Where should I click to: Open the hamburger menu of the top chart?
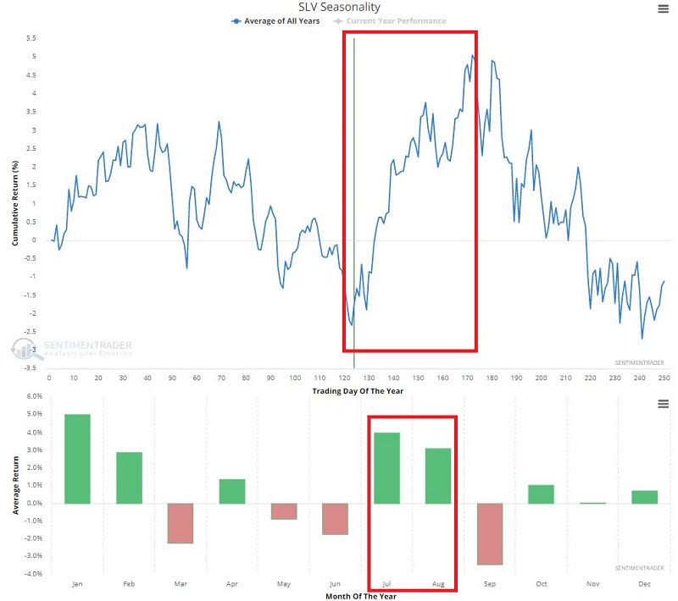pyautogui.click(x=663, y=9)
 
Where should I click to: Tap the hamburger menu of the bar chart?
pyautogui.click(x=663, y=405)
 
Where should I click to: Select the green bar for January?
pyautogui.click(x=77, y=459)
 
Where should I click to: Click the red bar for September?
pyautogui.click(x=489, y=533)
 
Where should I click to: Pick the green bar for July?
pyautogui.click(x=386, y=468)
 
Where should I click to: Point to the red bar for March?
pyautogui.click(x=180, y=523)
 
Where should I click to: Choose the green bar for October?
pyautogui.click(x=541, y=494)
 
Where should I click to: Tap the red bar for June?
pyautogui.click(x=335, y=519)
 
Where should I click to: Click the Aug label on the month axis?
pyautogui.click(x=437, y=584)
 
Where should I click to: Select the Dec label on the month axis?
pyautogui.click(x=644, y=584)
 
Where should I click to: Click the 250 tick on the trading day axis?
pyautogui.click(x=664, y=378)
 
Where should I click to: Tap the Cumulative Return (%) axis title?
pyautogui.click(x=14, y=202)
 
